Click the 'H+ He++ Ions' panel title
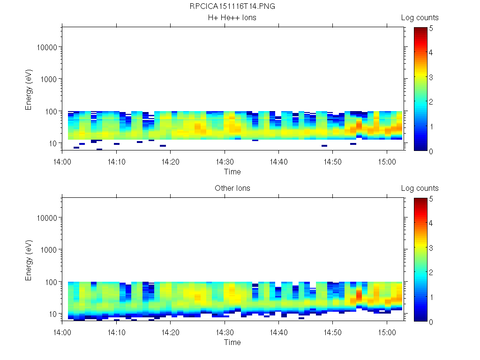(232, 18)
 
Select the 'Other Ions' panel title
(232, 188)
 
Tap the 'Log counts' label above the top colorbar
(420, 18)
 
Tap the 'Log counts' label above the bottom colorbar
(420, 188)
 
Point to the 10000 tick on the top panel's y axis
(47, 47)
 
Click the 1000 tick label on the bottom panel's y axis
(49, 250)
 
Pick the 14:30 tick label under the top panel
(225, 161)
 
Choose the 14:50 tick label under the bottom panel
(332, 331)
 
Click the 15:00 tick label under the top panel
(386, 161)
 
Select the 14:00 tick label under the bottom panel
(62, 331)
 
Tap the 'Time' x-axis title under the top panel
(232, 172)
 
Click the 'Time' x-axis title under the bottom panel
(232, 342)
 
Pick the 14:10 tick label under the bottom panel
(116, 331)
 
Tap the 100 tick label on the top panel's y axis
(50, 111)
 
